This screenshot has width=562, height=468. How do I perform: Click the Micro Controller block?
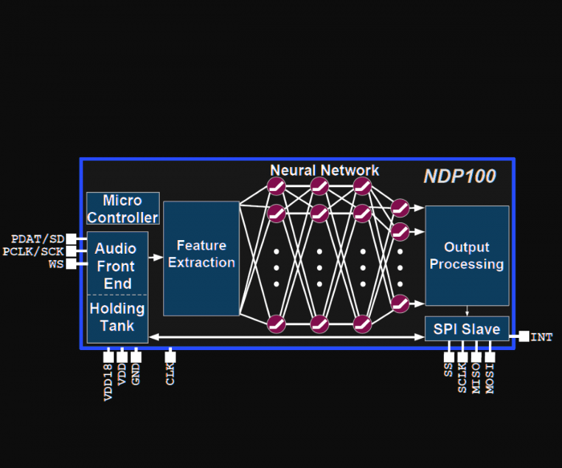[x=123, y=209]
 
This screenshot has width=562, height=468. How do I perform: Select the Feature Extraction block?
[x=202, y=258]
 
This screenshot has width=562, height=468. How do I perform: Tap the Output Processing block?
[x=466, y=255]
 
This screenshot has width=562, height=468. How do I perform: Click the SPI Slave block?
[x=466, y=329]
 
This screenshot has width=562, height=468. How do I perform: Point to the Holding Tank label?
[x=117, y=317]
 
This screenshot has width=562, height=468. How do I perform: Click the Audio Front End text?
[x=117, y=265]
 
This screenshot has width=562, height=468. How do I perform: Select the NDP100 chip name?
[x=459, y=176]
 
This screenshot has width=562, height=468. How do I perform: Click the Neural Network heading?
[x=324, y=170]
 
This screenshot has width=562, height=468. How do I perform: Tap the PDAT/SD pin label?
[x=37, y=239]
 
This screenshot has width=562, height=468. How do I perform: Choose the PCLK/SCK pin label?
[x=33, y=251]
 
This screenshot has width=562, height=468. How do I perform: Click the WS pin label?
[x=56, y=263]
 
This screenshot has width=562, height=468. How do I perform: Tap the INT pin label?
[x=542, y=337]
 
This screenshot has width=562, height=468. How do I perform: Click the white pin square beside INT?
[x=523, y=336]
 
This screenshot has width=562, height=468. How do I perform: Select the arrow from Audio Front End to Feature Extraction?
[x=156, y=258]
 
